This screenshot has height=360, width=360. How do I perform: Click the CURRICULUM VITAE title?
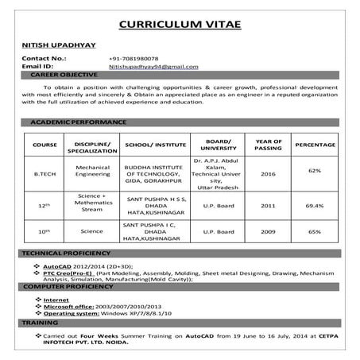pos(179,24)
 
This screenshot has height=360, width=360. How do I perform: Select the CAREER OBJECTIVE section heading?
pos(63,74)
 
